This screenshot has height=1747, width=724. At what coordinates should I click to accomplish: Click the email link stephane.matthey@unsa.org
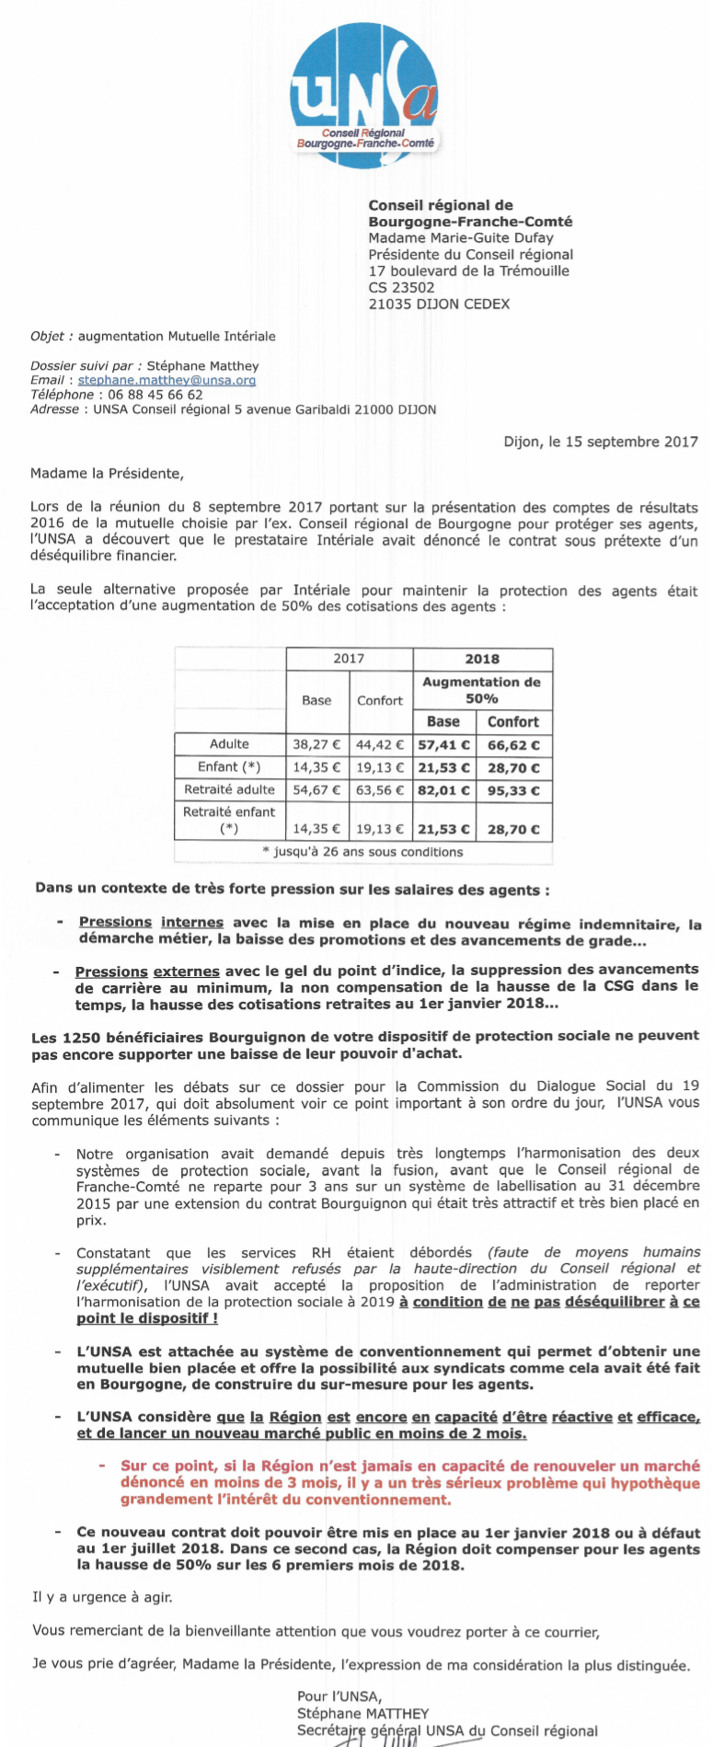coord(167,380)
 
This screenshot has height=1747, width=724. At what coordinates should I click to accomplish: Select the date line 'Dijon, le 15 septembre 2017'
coord(601,442)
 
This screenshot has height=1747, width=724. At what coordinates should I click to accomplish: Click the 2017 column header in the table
coord(349,659)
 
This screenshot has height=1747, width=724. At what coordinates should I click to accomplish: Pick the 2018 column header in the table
coord(482,659)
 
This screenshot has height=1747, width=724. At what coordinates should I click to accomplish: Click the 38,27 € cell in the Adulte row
coord(316,745)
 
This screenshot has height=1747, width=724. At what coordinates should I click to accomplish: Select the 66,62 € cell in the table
coord(513,745)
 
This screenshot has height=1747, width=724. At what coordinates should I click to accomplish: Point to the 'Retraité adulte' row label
coord(229,789)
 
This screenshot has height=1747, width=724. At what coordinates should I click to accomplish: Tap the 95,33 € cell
coord(513,790)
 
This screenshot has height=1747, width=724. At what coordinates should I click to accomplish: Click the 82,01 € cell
coord(443,790)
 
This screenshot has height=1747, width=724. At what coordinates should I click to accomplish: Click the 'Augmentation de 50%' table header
coord(481,690)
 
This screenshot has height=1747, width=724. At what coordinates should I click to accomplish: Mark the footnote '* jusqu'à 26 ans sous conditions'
coord(362,852)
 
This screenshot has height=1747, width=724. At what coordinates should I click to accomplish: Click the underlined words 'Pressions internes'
coord(151,923)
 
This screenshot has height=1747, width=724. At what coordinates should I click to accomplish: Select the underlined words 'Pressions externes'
coord(147,971)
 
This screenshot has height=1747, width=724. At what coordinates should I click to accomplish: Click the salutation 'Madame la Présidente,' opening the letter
coord(107,475)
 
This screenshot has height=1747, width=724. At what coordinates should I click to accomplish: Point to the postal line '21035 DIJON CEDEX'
coord(439,305)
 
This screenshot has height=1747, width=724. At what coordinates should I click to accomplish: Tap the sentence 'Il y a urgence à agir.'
coord(102,1597)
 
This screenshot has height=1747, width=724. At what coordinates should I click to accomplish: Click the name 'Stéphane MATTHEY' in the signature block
coord(362,1714)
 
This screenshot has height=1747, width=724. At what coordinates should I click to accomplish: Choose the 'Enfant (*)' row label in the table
coord(229,767)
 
